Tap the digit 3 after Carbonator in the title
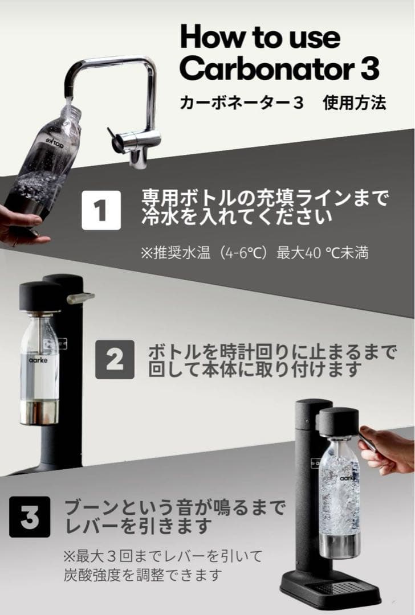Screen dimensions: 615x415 point(369,69)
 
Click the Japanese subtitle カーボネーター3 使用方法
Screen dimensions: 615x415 point(283,102)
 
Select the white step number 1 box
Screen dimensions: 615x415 point(101,210)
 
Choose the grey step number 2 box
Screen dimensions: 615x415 point(114,359)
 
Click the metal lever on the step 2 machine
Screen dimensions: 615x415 point(80,298)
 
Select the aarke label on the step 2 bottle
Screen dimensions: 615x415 point(39,360)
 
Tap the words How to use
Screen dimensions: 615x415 point(260,37)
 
